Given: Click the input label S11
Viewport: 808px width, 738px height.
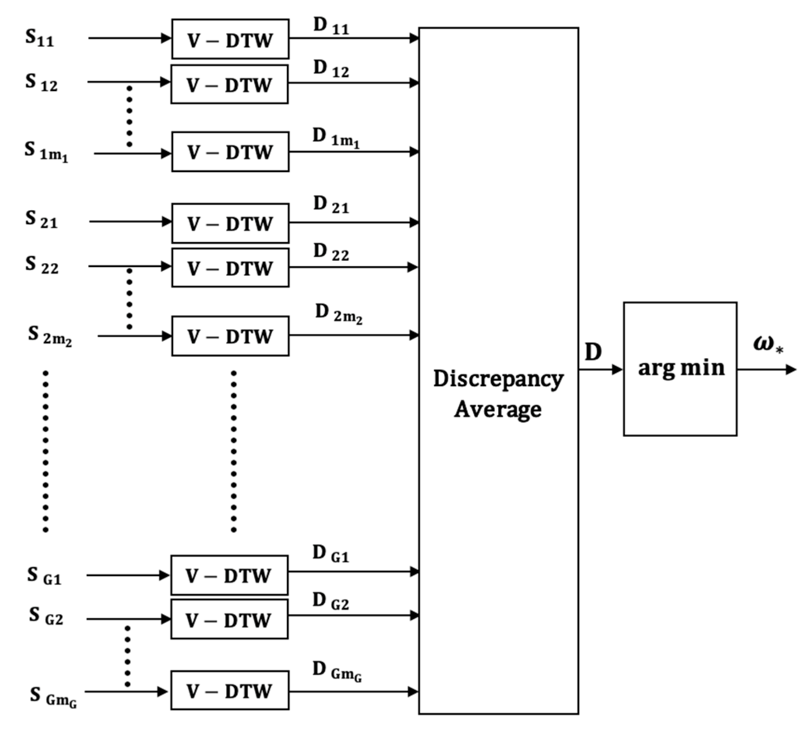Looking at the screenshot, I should [x=39, y=39].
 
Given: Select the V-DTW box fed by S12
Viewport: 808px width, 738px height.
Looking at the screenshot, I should [x=229, y=84].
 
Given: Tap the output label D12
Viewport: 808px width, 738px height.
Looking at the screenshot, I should [x=331, y=69].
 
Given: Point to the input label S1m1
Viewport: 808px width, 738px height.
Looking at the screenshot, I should [x=46, y=153].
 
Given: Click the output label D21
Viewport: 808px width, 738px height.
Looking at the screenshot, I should [x=331, y=205].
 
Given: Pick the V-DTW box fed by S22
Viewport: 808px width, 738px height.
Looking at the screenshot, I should [x=230, y=268].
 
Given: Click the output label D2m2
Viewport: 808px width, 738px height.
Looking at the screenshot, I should [x=338, y=314].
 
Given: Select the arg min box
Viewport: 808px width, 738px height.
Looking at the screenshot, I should [x=680, y=369].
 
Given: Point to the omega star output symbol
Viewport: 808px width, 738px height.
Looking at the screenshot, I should [x=768, y=345].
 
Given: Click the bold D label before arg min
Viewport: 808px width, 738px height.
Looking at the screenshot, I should [x=593, y=352].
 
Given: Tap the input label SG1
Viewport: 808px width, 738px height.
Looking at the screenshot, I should [x=44, y=576].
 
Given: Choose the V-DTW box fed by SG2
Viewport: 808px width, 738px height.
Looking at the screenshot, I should [x=229, y=619].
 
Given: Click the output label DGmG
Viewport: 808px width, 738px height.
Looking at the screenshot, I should [x=337, y=671].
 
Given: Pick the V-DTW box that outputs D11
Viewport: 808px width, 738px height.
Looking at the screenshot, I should [x=230, y=39].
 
